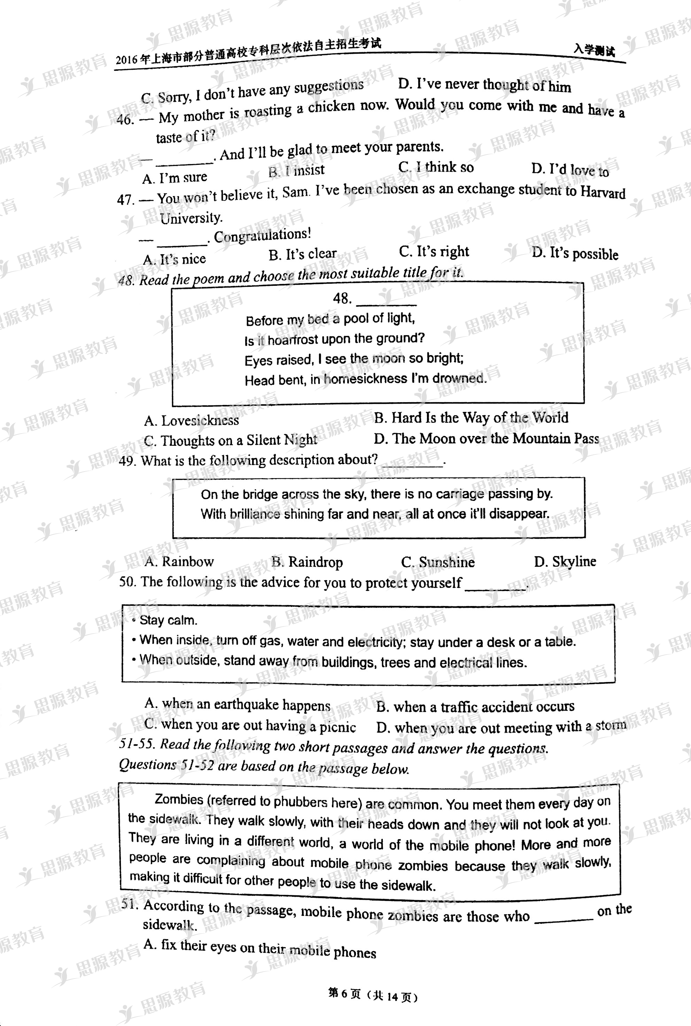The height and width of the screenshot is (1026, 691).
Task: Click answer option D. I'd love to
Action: pyautogui.click(x=570, y=169)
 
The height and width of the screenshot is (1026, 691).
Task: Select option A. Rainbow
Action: pyautogui.click(x=179, y=561)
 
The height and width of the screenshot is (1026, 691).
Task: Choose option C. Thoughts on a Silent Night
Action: pyautogui.click(x=230, y=441)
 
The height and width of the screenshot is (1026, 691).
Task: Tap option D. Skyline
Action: pyautogui.click(x=565, y=561)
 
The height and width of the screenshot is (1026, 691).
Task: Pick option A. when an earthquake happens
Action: pyautogui.click(x=237, y=704)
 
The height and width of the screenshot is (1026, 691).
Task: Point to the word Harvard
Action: pyautogui.click(x=603, y=192)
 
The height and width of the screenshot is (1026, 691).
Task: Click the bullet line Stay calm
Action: pyautogui.click(x=168, y=620)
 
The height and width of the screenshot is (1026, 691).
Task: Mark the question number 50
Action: pyautogui.click(x=127, y=582)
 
